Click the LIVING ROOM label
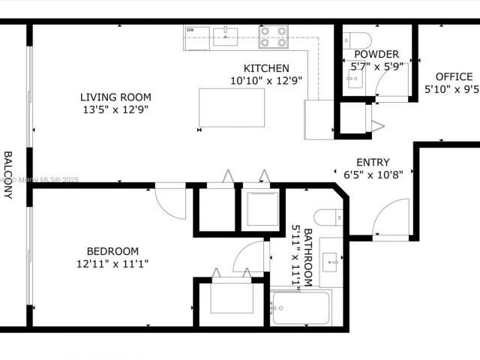point(115,97)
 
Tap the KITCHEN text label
point(260,68)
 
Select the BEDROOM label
point(112,251)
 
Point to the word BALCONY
point(8,175)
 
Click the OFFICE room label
point(454,76)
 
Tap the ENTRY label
point(373,162)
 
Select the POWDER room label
point(376,54)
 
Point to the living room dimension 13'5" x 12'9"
point(115,109)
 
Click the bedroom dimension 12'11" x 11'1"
point(112,263)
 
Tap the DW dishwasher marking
point(190,30)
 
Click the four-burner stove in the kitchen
point(274,36)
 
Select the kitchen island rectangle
point(232,107)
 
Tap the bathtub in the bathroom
point(301,307)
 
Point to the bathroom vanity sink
point(331,262)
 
